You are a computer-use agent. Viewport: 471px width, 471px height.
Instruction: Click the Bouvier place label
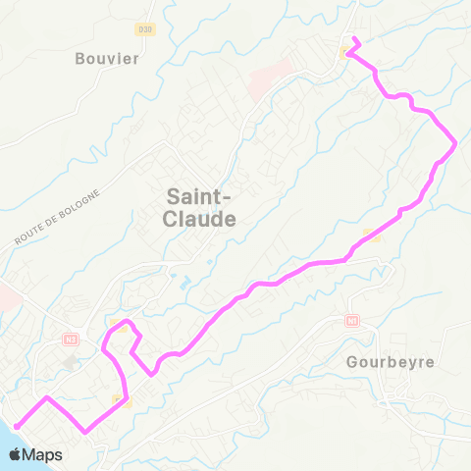pos(108,58)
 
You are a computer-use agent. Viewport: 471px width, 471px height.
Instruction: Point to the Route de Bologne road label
pos(58,215)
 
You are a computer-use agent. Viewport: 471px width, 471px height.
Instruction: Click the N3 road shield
pos(69,340)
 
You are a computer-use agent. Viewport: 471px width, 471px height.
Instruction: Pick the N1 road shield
pos(352,321)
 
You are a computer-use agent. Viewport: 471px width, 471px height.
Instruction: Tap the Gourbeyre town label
pos(390,361)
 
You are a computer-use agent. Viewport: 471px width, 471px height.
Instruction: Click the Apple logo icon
pos(18,454)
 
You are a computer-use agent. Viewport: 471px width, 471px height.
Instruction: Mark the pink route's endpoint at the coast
pos(15,427)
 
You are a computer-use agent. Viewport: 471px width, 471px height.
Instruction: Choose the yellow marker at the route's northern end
pos(343,53)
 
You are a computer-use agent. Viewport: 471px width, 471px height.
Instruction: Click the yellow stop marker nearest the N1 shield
pos(370,234)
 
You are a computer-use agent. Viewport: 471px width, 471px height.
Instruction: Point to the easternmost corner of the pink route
pos(456,144)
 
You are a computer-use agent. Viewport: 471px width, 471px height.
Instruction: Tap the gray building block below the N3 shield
pos(71,363)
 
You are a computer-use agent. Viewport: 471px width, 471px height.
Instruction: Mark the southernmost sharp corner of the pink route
pos(87,431)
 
